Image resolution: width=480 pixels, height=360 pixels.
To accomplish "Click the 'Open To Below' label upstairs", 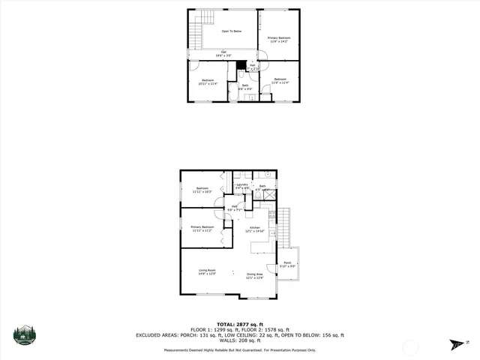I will coord(231,31).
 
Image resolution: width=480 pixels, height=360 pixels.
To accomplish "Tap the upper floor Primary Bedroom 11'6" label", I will coord(280,39).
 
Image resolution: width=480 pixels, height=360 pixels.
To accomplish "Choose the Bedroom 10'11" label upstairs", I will coord(208,82).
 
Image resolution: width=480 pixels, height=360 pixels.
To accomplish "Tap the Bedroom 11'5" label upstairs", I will coord(280,81).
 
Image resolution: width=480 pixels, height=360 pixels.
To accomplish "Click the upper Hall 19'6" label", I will coord(223,53).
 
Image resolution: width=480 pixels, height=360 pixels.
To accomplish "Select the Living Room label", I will coord(207,271).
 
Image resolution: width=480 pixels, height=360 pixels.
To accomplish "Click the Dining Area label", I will coord(255,275).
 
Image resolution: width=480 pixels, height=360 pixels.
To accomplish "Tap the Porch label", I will coord(287,264).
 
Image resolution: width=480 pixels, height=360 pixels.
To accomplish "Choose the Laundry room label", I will coord(241,185).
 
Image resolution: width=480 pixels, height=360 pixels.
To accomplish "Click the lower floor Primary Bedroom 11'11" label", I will coord(202,229).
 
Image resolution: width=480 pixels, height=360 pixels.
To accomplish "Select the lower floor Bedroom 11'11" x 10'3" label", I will coord(202,190).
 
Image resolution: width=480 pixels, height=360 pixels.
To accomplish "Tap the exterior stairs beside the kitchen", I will coord(283,225).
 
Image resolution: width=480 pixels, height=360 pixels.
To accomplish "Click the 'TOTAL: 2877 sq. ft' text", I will coord(240,324).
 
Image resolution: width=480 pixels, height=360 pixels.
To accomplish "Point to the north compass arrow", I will coord(457,345).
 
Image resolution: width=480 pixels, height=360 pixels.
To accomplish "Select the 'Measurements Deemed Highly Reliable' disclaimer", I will coord(240,349).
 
